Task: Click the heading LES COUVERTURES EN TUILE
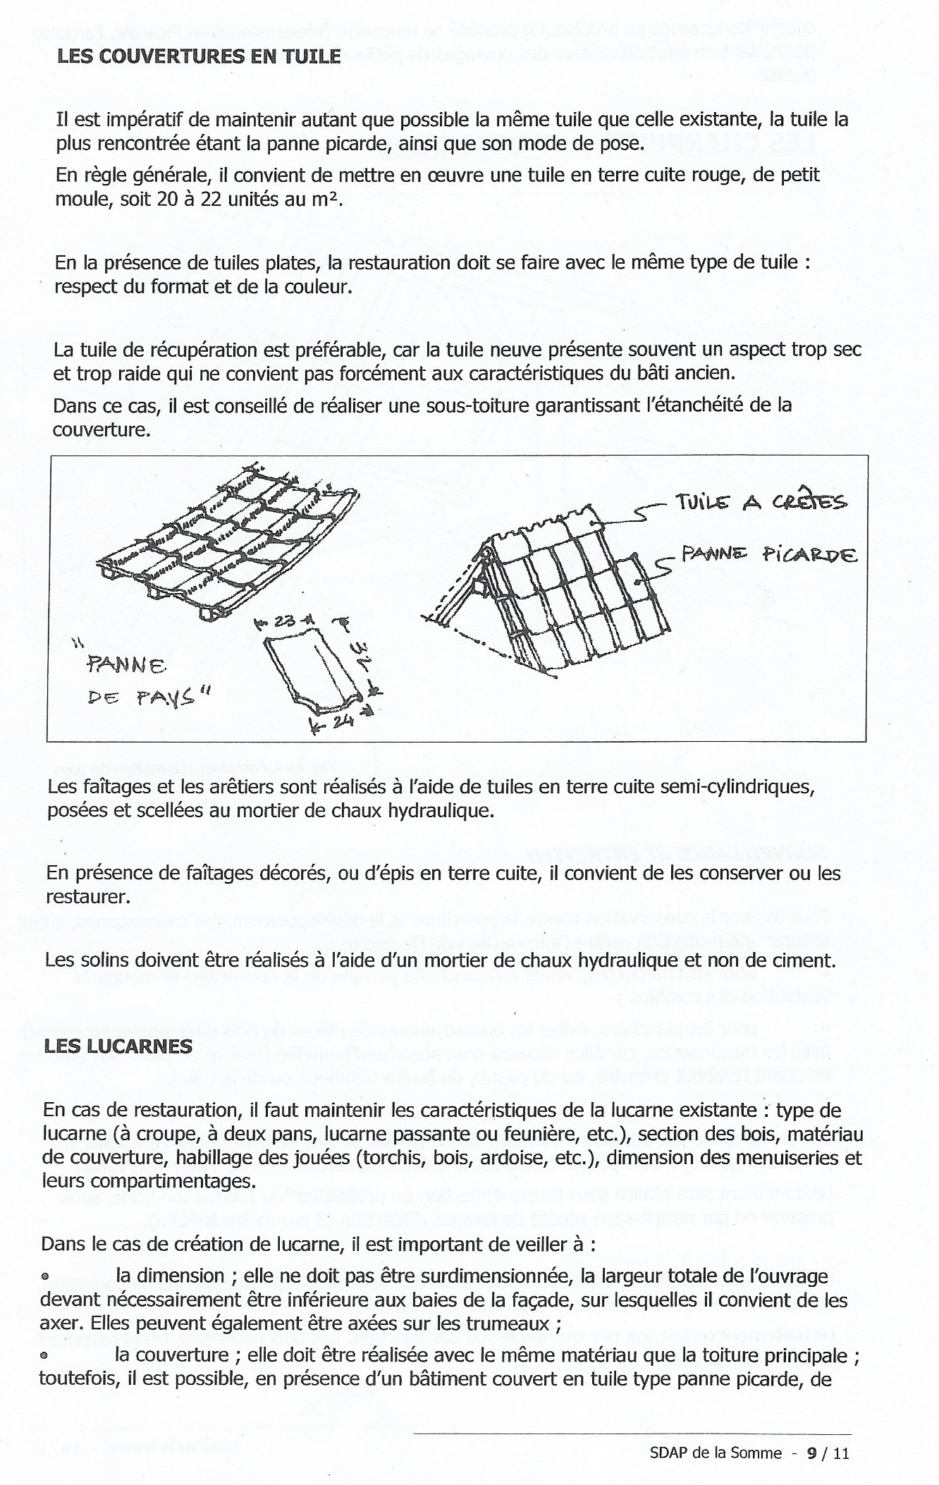[x=199, y=56]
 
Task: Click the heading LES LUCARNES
[x=118, y=1046]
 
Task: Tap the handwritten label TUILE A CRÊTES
[x=760, y=502]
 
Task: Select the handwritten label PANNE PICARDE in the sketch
[x=767, y=555]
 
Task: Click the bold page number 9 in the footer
[x=813, y=1453]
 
